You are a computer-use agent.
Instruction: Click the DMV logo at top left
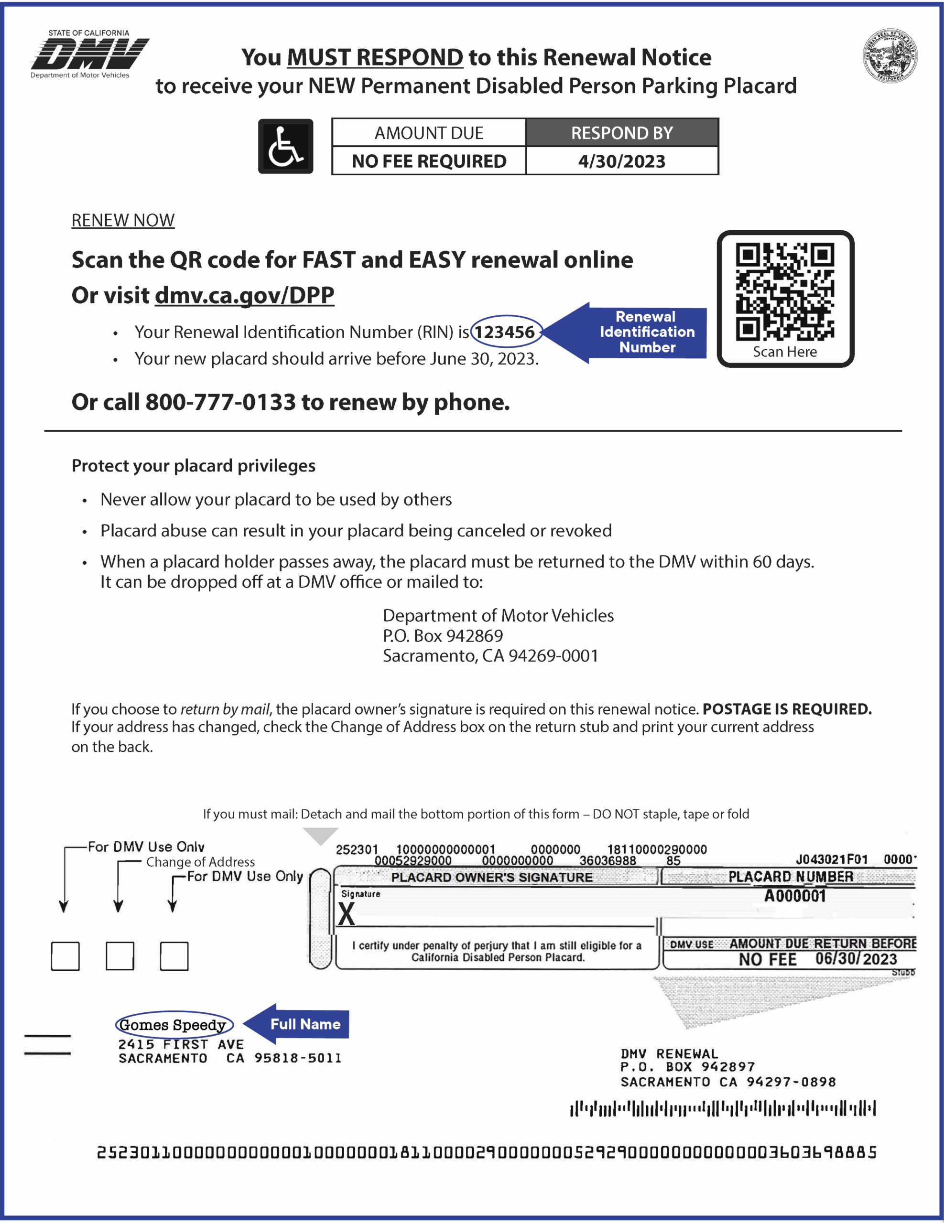click(x=90, y=54)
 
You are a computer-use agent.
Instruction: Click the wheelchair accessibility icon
click(x=285, y=146)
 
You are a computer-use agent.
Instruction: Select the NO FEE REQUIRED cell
click(x=429, y=161)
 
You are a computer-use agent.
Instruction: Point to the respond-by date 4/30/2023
click(x=621, y=161)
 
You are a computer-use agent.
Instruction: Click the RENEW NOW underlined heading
click(x=123, y=220)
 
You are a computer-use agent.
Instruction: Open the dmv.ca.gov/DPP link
click(x=244, y=295)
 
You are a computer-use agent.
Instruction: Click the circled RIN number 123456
click(x=505, y=332)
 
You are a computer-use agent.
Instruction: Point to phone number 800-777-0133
click(x=220, y=402)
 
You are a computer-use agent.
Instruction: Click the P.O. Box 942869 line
click(x=443, y=635)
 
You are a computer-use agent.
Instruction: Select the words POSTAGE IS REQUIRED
click(x=787, y=709)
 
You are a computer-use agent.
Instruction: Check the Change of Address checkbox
click(x=119, y=955)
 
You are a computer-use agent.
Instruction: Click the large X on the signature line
click(x=346, y=915)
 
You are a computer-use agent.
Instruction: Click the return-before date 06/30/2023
click(x=856, y=959)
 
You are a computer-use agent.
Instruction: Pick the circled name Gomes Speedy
click(x=173, y=1025)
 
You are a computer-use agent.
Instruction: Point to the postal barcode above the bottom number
click(x=722, y=1108)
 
